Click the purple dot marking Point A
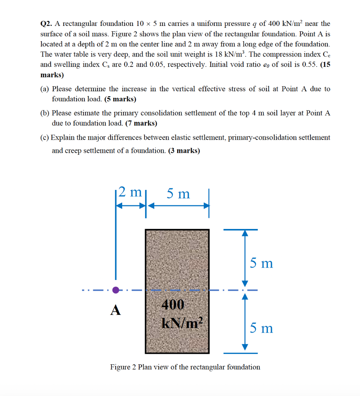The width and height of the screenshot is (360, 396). [x=116, y=290]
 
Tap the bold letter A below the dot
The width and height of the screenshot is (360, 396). [x=115, y=310]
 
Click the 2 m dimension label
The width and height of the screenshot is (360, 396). [x=130, y=192]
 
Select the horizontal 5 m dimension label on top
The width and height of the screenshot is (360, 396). [x=178, y=193]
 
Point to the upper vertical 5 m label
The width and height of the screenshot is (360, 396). [x=261, y=263]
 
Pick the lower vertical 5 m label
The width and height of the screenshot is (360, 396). [x=261, y=328]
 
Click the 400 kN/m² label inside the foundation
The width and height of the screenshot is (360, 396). [x=177, y=314]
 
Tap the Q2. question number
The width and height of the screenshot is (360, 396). [x=47, y=24]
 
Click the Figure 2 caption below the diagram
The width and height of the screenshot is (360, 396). [x=185, y=367]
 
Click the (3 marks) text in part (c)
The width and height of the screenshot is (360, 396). [x=184, y=151]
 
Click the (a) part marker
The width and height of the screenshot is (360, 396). [x=45, y=89]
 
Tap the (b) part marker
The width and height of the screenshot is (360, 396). [x=45, y=114]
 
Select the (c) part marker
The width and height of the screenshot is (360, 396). [x=45, y=138]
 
